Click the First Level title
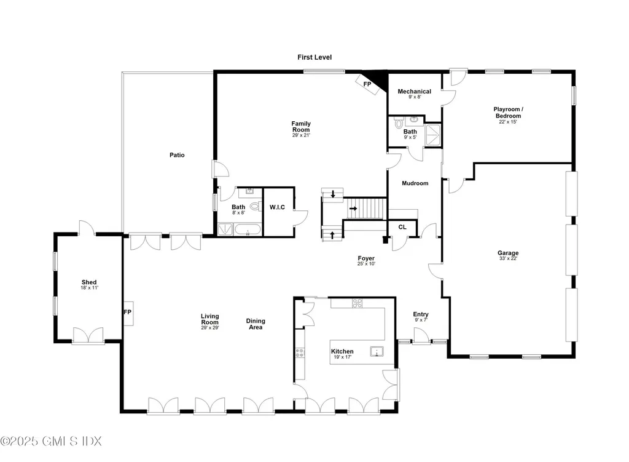point(314,57)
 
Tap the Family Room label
point(301,127)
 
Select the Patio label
point(177,155)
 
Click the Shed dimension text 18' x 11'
point(90,288)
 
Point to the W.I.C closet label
point(277,207)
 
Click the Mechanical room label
point(415,92)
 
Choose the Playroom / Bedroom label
point(507,113)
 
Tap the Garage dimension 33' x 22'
point(508,259)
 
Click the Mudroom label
point(415,183)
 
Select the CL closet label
point(402,227)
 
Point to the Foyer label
point(366,258)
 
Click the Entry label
point(421,314)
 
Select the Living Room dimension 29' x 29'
point(209,328)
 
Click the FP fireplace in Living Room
point(128,313)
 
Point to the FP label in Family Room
point(367,84)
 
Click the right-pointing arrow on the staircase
point(354,209)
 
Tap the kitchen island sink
point(376,352)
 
